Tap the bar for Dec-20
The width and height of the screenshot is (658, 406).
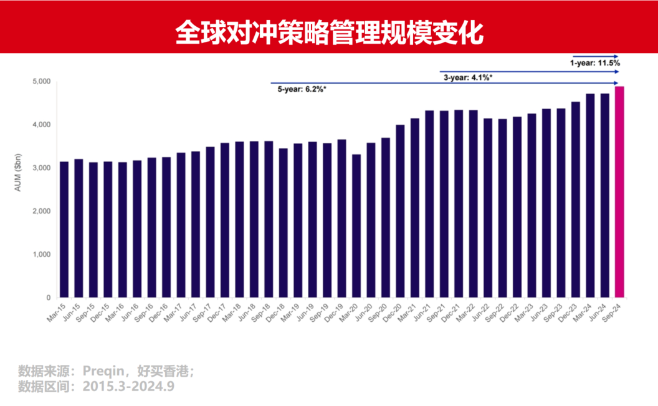pos(400,211)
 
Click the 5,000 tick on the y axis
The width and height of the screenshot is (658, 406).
pos(42,82)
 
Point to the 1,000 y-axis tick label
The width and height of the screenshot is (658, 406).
pos(42,254)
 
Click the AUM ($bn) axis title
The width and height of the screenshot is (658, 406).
pos(19,190)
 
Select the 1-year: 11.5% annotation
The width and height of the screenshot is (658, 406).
pos(595,63)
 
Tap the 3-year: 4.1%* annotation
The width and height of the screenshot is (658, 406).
pos(467,78)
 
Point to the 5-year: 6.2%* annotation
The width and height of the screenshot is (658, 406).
pos(302,90)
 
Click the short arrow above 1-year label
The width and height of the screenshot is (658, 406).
pos(595,56)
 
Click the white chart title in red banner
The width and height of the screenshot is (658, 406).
pos(329,32)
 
